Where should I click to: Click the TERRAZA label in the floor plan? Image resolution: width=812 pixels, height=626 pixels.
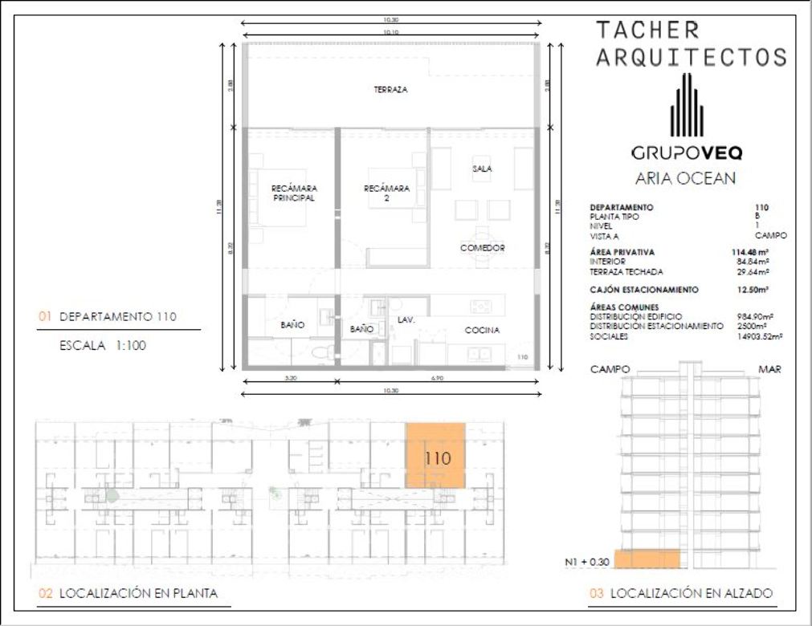pyautogui.click(x=390, y=90)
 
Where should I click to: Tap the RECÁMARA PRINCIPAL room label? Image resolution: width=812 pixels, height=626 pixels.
pyautogui.click(x=294, y=193)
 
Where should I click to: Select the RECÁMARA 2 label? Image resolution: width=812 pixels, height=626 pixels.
pyautogui.click(x=386, y=193)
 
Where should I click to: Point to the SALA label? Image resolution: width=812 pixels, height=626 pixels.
pyautogui.click(x=482, y=169)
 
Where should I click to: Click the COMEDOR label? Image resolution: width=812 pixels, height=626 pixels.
pyautogui.click(x=482, y=248)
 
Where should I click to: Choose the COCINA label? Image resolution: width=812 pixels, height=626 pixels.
pyautogui.click(x=482, y=330)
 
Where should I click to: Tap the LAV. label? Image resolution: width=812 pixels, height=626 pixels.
pyautogui.click(x=406, y=319)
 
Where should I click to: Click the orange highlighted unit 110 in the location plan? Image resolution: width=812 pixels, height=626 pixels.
pyautogui.click(x=435, y=456)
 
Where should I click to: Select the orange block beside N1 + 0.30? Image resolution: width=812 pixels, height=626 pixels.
pyautogui.click(x=647, y=559)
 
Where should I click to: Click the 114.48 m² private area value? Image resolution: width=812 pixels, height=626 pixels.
pyautogui.click(x=749, y=253)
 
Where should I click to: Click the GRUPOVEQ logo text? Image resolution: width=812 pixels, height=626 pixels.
pyautogui.click(x=686, y=152)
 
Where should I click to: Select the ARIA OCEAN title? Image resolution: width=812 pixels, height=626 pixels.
pyautogui.click(x=685, y=178)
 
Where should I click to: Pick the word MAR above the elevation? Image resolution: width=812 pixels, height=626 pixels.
pyautogui.click(x=769, y=370)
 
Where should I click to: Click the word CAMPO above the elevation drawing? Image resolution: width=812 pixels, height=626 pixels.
pyautogui.click(x=610, y=370)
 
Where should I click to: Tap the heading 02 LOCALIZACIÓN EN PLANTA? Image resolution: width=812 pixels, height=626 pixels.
pyautogui.click(x=129, y=594)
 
